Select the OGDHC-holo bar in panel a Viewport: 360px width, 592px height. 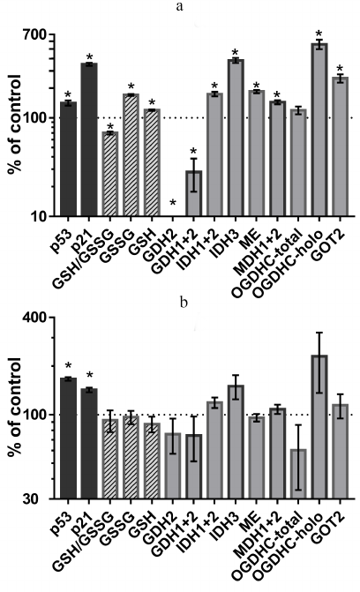[319, 129]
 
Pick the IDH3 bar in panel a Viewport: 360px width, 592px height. [235, 137]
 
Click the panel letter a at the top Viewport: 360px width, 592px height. [184, 8]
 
